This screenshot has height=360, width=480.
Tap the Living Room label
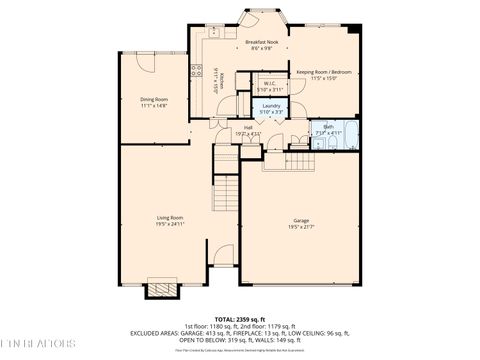coord(169,217)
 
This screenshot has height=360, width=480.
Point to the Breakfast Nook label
coord(261,42)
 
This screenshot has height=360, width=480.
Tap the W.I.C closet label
coord(269,83)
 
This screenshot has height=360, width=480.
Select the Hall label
coord(247,127)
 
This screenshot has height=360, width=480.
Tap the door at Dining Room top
coord(145,58)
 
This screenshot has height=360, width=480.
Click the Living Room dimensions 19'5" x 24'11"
coord(169,224)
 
